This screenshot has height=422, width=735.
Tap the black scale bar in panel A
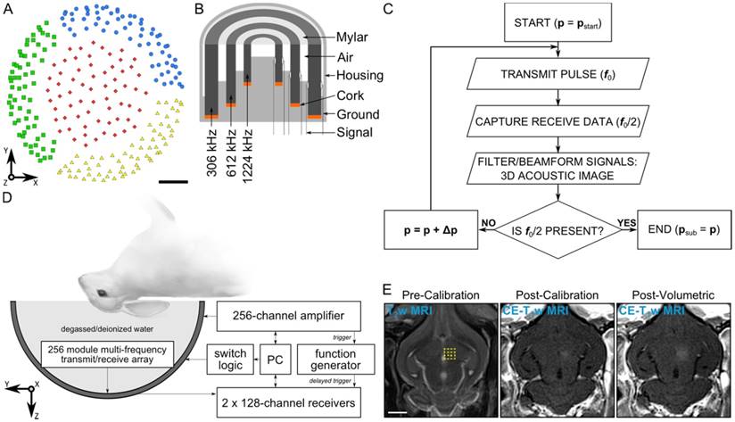click(175, 183)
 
